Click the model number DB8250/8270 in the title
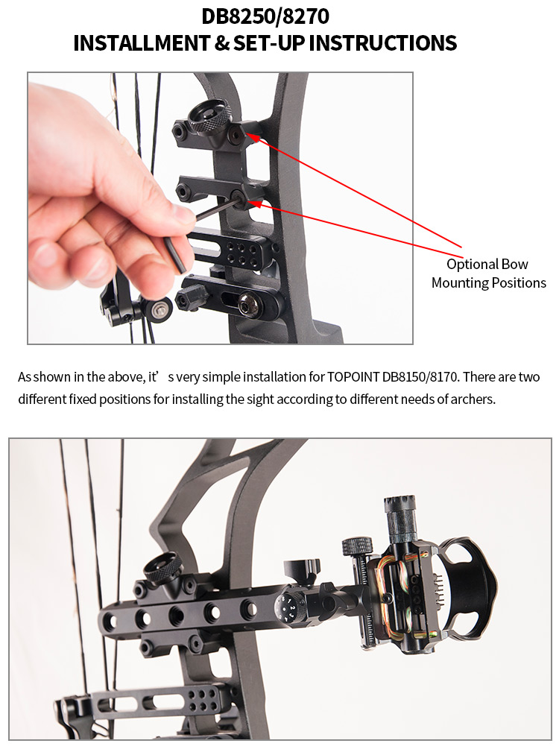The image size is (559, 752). click(x=265, y=16)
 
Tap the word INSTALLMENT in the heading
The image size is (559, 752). click(x=142, y=43)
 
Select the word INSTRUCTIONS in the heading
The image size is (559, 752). click(x=382, y=43)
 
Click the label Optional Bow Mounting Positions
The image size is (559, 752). click(x=488, y=274)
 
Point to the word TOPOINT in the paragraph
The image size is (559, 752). click(x=353, y=377)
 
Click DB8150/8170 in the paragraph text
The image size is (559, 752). click(x=420, y=377)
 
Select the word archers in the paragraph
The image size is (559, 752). click(x=472, y=399)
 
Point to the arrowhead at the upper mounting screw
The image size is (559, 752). click(x=253, y=137)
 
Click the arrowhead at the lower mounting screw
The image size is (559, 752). click(x=255, y=204)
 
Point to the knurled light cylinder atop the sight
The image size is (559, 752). click(x=401, y=520)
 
